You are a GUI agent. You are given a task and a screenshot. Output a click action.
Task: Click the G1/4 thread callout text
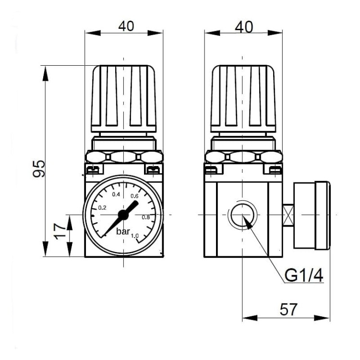[303, 276]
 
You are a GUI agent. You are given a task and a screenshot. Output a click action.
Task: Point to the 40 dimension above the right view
[244, 26]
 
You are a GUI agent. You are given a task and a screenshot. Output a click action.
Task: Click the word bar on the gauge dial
[124, 231]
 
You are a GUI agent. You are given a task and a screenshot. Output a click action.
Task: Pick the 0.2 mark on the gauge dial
[102, 208]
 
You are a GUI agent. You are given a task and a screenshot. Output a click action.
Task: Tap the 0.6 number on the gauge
[134, 195]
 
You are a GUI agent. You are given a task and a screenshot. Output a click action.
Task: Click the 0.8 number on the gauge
[146, 217]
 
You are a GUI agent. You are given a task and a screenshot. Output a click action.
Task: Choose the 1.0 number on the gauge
[135, 235]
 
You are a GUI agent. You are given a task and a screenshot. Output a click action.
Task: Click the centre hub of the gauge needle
[123, 214]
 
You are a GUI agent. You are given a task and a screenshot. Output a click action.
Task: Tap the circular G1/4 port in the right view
[242, 215]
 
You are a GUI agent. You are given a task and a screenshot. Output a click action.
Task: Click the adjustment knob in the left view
[124, 98]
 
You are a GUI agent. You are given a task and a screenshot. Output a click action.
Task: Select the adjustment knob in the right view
[243, 98]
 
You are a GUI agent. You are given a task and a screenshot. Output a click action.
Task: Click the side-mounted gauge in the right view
[311, 215]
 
